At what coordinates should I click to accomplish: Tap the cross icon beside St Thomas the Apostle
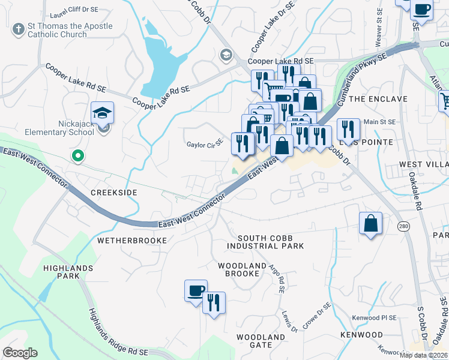coord(18,28)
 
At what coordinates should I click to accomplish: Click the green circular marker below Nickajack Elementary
coord(77,156)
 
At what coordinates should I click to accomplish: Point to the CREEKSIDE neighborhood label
coord(113,193)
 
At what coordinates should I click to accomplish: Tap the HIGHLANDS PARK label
coord(67,272)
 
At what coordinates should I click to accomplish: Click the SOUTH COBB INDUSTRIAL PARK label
coord(265,242)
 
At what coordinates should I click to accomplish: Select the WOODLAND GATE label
coord(261,341)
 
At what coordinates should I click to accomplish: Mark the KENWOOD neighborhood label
coord(361,334)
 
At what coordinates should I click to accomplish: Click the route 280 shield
coord(402,226)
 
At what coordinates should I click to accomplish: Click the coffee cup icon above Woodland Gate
coord(196,291)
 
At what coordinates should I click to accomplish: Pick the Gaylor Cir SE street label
coord(205,144)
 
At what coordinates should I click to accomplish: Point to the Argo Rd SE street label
coord(277,278)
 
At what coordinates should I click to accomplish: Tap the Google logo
coord(20,352)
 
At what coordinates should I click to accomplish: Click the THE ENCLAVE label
coord(378,98)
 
